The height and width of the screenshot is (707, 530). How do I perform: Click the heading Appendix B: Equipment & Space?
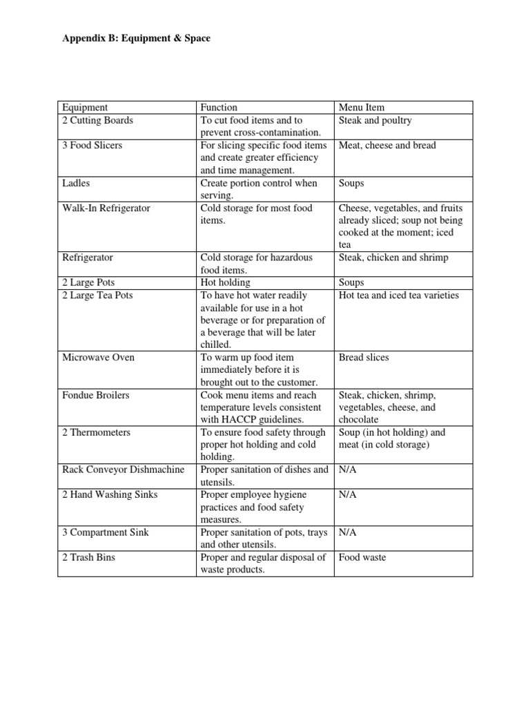click(136, 39)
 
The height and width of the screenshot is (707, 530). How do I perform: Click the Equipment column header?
click(85, 107)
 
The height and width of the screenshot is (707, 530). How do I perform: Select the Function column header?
click(219, 107)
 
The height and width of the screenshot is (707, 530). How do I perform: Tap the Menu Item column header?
click(362, 107)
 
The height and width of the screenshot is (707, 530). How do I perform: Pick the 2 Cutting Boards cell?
click(97, 120)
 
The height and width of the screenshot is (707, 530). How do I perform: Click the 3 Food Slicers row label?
click(92, 145)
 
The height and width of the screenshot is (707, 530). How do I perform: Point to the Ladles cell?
click(76, 183)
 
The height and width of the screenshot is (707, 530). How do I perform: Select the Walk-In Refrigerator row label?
click(106, 208)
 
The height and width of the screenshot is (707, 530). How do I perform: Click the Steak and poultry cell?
click(375, 120)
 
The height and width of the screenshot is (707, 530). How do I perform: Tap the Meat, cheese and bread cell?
click(387, 145)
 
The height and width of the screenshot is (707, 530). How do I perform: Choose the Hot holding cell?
click(226, 282)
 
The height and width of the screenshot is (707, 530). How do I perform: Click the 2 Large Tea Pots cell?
click(97, 295)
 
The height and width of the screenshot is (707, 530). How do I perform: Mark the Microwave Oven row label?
click(98, 357)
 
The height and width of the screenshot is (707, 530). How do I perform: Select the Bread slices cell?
click(364, 357)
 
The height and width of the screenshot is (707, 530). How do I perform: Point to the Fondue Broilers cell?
click(95, 395)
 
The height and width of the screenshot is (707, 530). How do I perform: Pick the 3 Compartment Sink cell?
click(99, 532)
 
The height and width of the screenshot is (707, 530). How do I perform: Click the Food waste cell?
click(362, 557)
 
